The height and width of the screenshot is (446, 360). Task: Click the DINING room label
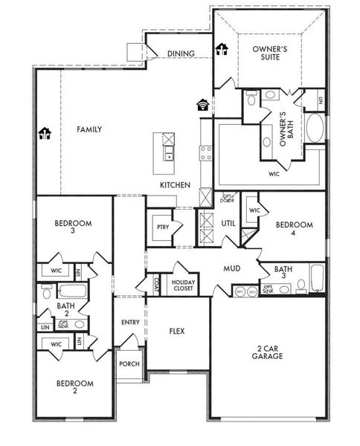(x=181, y=54)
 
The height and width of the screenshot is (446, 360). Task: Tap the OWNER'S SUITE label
(x=269, y=54)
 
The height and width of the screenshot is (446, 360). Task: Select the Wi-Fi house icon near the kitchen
(x=203, y=104)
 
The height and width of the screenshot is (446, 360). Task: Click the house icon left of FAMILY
(x=44, y=133)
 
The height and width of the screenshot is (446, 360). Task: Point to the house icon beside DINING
(x=221, y=50)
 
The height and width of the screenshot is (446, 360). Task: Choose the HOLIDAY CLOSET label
(x=183, y=285)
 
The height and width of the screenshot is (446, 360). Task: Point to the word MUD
(x=232, y=268)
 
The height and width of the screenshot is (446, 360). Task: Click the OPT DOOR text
(x=228, y=198)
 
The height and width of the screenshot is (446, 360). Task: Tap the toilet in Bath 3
(x=301, y=285)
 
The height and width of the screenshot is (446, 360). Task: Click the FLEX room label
(x=177, y=331)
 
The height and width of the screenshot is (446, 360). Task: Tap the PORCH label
(x=129, y=364)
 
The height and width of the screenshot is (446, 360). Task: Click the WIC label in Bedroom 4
(x=254, y=210)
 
